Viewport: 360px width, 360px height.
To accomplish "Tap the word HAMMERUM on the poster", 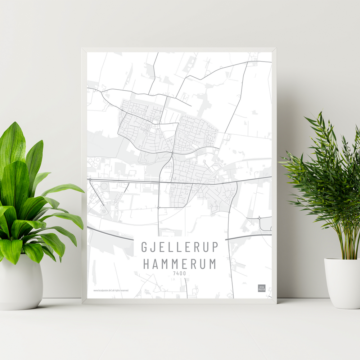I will [x=180, y=264].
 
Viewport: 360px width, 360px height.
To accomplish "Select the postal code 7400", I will [x=180, y=274].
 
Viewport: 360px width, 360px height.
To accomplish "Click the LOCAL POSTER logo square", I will [x=261, y=288].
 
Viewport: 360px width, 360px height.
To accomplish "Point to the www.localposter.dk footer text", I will [x=111, y=290].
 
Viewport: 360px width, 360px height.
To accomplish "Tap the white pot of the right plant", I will [x=342, y=283].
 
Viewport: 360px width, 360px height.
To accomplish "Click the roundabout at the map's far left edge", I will [x=90, y=179].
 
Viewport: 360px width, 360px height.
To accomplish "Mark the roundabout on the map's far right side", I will [x=259, y=218].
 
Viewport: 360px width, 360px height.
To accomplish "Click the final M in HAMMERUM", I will [x=212, y=264].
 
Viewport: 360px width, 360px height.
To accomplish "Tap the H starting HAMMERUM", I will [x=147, y=264].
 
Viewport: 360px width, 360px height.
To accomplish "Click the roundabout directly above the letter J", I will [x=158, y=208].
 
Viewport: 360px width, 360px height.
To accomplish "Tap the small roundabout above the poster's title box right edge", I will [x=229, y=212].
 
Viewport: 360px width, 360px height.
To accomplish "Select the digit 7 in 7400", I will [x=174, y=274].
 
